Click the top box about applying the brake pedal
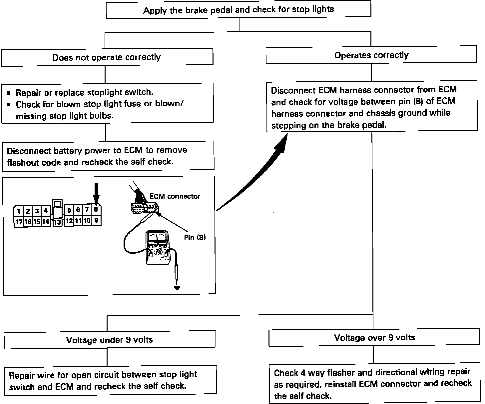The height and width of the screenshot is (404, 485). [239, 10]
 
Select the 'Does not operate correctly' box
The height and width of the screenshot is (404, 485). [107, 57]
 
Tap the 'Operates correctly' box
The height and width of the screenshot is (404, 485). [371, 55]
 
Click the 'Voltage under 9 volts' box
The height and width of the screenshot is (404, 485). [109, 340]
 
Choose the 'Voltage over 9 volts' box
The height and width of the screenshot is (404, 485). [374, 338]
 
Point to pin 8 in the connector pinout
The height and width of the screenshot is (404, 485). [96, 210]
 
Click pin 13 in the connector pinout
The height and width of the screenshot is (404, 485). [57, 222]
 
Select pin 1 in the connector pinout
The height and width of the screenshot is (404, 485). [19, 211]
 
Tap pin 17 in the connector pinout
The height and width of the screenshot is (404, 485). [19, 222]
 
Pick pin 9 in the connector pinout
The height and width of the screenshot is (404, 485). [96, 220]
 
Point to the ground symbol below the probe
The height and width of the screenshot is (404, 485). [177, 287]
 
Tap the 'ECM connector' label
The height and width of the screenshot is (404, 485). [175, 196]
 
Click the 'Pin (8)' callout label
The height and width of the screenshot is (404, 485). [195, 237]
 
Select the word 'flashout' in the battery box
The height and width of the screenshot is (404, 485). [22, 163]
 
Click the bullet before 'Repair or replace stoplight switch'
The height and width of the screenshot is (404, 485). [9, 93]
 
